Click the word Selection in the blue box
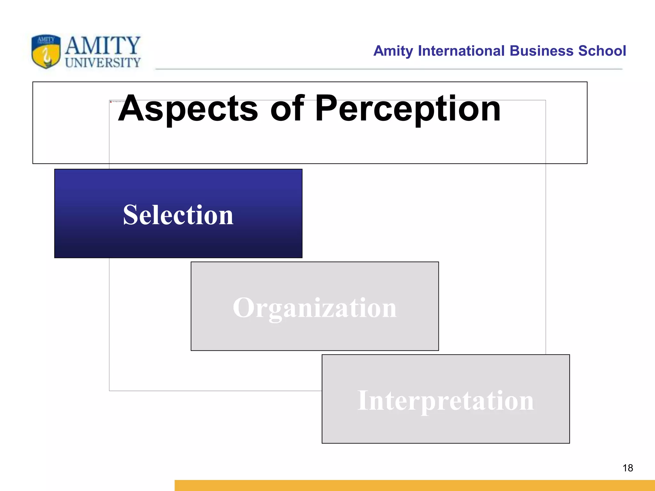[x=178, y=215]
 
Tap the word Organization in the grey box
[x=315, y=308]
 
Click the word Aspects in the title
[x=188, y=109]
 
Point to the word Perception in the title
[x=408, y=109]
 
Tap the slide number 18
[x=627, y=468]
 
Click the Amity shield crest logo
[x=46, y=51]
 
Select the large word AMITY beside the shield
[x=103, y=46]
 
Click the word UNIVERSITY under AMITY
[x=103, y=63]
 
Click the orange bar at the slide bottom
[x=414, y=485]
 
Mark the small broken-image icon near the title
[x=111, y=102]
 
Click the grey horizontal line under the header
[x=389, y=69]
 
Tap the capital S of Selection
[x=132, y=215]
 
